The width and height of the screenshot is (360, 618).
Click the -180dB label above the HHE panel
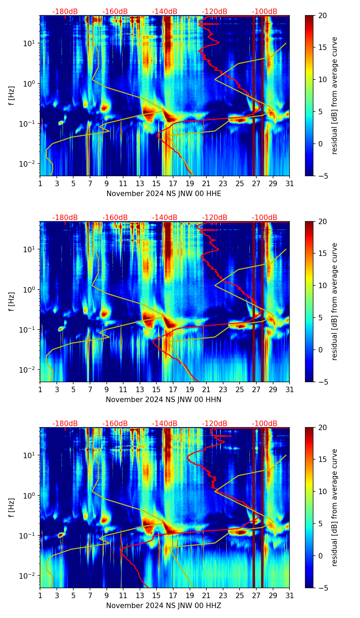pyautogui.click(x=65, y=12)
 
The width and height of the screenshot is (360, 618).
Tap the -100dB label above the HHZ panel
pyautogui.click(x=265, y=424)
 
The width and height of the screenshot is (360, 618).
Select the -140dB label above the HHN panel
pyautogui.click(x=165, y=218)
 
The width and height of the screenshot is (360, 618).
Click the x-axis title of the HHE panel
pyautogui.click(x=164, y=194)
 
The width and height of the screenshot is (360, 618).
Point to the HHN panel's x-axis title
pyautogui.click(x=164, y=400)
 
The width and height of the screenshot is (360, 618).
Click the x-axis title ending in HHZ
pyautogui.click(x=164, y=606)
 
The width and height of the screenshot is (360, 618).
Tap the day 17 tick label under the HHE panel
pyautogui.click(x=173, y=183)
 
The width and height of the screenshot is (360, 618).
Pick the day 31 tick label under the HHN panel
pyautogui.click(x=290, y=389)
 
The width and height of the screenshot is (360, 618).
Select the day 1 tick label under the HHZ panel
pyautogui.click(x=40, y=595)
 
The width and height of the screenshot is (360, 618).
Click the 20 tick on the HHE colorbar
pyautogui.click(x=322, y=15)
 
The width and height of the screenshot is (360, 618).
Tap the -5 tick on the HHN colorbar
pyautogui.click(x=323, y=382)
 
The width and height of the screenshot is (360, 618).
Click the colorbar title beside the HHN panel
pyautogui.click(x=334, y=301)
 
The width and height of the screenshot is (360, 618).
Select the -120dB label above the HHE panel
pyautogui.click(x=215, y=12)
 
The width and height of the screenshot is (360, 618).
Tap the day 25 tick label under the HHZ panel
pyautogui.click(x=240, y=595)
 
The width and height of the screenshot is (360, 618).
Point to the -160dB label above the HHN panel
pyautogui.click(x=115, y=218)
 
